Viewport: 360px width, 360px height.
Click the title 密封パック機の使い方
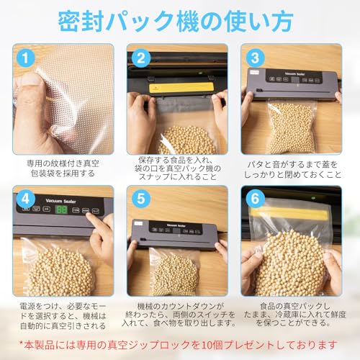point(179,19)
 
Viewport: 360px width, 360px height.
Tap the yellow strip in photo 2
point(181,86)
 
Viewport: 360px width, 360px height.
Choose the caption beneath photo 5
point(176,315)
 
